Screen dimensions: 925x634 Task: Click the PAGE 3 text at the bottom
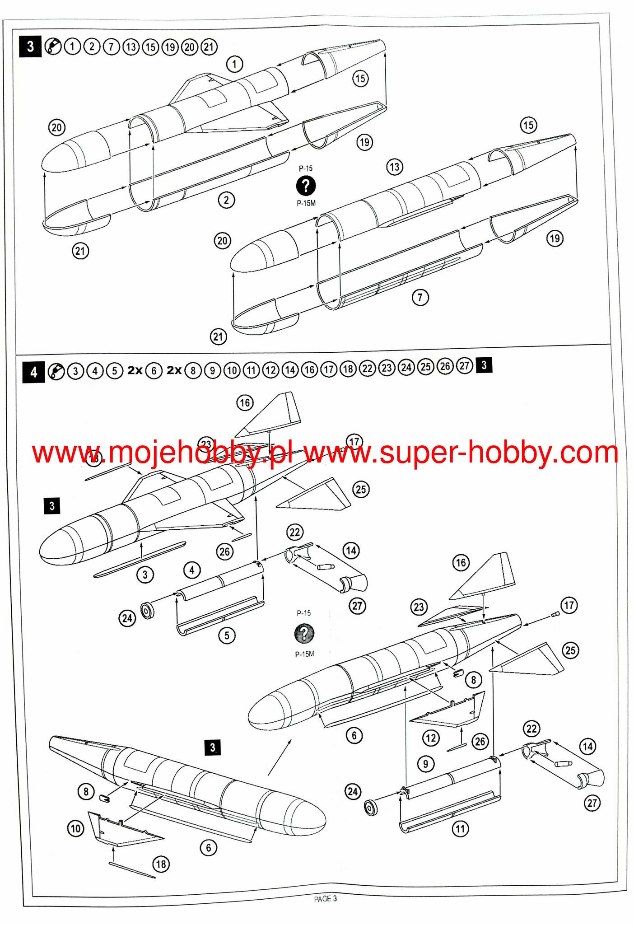click(x=325, y=898)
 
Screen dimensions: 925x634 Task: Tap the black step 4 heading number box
click(x=33, y=373)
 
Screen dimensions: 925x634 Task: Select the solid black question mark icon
click(x=306, y=185)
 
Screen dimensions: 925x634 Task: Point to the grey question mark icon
click(x=304, y=633)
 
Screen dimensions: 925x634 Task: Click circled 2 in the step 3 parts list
click(x=92, y=47)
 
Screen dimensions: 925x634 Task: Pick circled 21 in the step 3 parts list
click(x=209, y=47)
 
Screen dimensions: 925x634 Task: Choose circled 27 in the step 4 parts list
click(x=465, y=366)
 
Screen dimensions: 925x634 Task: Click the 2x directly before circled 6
click(x=135, y=370)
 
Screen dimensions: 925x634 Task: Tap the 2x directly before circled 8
click(x=174, y=370)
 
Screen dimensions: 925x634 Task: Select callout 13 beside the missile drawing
click(x=395, y=167)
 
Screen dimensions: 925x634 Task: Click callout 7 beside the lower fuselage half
click(x=420, y=297)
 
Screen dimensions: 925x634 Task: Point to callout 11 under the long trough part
click(x=460, y=828)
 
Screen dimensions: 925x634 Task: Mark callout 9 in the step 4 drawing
click(x=425, y=764)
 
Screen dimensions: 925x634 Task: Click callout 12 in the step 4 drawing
click(x=430, y=738)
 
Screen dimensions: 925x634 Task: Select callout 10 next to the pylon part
click(x=75, y=828)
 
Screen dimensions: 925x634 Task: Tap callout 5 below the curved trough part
click(x=227, y=635)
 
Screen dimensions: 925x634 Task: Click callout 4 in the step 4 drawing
click(x=192, y=570)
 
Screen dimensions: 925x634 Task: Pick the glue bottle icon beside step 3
click(x=53, y=47)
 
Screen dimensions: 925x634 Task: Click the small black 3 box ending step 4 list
click(x=484, y=365)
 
